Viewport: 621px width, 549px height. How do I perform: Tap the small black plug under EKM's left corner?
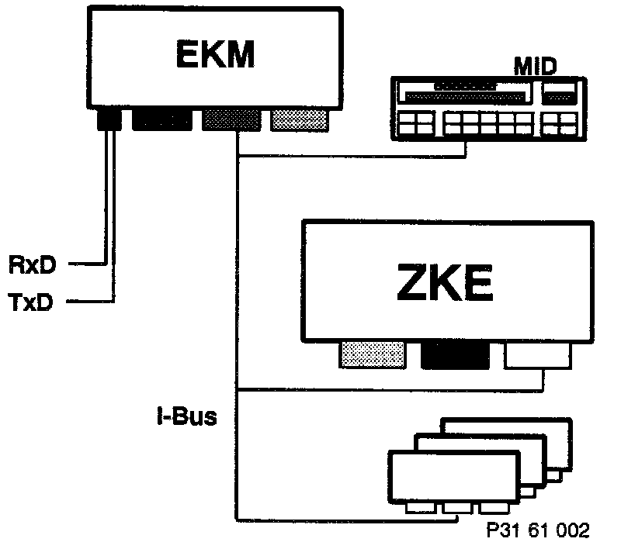point(107,120)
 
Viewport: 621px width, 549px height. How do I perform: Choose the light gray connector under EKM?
point(299,119)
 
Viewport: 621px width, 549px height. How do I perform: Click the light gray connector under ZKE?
point(373,355)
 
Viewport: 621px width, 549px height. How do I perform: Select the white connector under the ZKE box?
point(537,356)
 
